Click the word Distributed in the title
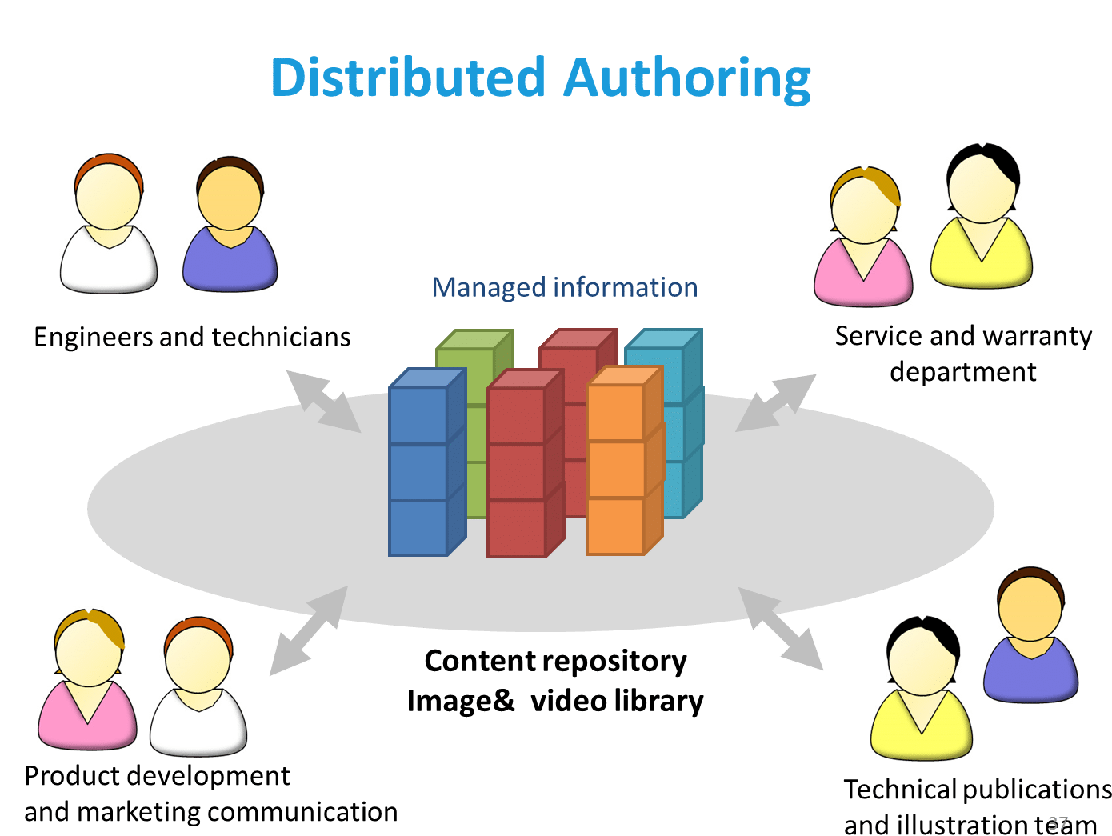pyautogui.click(x=408, y=78)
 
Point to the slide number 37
pyautogui.click(x=1058, y=823)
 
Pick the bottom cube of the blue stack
pyautogui.click(x=418, y=527)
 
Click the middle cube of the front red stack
pyautogui.click(x=516, y=471)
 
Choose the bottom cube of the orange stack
pyautogui.click(x=615, y=526)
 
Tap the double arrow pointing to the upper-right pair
pyautogui.click(x=775, y=402)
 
